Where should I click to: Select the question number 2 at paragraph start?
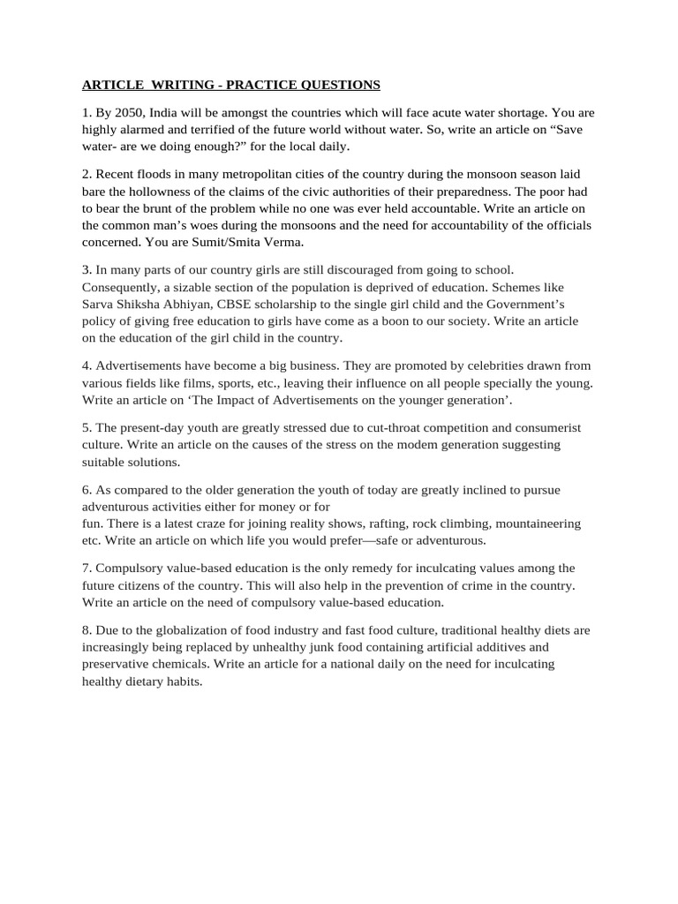(86, 174)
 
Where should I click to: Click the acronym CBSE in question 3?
(229, 305)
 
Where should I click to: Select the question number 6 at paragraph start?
(86, 489)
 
